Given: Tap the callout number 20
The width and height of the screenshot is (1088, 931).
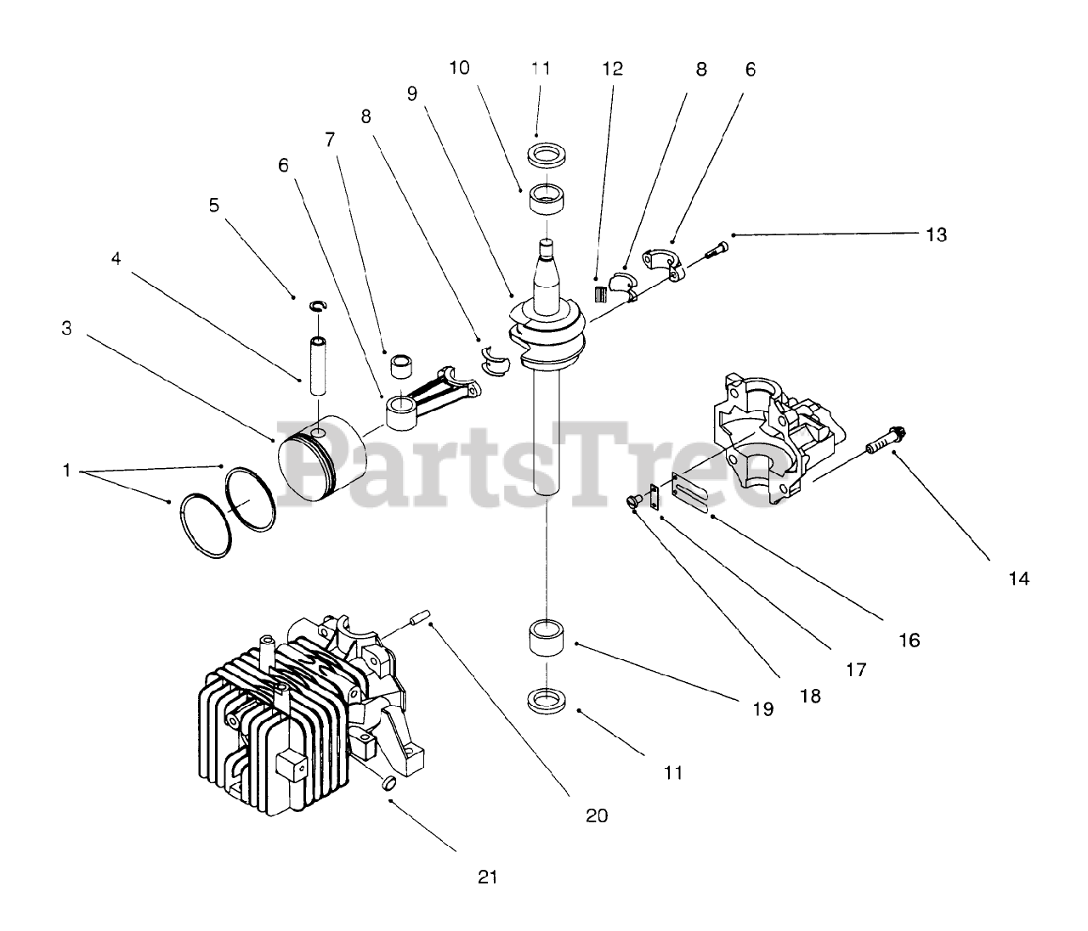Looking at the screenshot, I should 597,815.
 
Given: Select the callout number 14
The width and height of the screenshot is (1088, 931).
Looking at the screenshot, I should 1018,578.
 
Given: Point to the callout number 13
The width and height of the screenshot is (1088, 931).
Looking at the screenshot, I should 936,234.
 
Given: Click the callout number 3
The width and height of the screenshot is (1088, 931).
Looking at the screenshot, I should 66,328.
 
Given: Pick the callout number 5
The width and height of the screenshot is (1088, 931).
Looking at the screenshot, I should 213,205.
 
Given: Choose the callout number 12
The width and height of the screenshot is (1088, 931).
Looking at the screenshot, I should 612,68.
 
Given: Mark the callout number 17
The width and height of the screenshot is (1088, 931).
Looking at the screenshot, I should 856,670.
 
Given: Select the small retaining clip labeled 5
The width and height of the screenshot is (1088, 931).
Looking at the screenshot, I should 319,306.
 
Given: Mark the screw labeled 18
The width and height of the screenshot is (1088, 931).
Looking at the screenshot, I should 633,500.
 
